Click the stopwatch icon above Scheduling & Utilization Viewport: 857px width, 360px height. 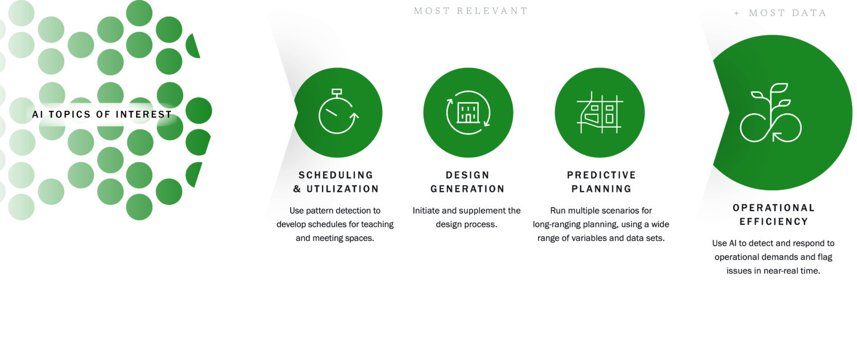338,111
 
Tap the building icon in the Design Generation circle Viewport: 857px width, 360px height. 468,113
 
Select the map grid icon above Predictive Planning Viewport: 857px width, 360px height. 600,113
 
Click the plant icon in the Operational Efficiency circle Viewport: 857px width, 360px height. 771,113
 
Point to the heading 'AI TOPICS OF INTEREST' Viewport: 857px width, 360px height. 102,114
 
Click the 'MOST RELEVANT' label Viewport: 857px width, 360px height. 470,11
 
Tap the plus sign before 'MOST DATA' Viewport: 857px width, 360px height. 736,13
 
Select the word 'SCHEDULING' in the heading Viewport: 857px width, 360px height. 336,175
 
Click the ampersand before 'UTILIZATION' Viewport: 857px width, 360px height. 297,189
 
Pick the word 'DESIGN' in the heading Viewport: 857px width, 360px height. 468,175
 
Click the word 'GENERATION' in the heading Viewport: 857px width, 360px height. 468,189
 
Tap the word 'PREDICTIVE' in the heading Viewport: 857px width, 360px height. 601,175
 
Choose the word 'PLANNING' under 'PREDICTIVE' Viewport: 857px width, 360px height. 601,189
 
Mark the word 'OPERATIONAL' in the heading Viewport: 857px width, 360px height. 774,208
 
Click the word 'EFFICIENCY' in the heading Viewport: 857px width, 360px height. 774,222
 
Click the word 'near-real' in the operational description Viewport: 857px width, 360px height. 781,271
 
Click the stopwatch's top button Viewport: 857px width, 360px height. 336,92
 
